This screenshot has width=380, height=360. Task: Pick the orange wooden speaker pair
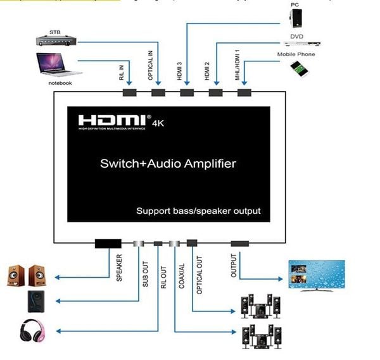(x=27, y=275)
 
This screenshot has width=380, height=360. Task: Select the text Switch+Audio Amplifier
(x=168, y=164)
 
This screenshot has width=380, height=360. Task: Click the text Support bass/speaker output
(x=198, y=211)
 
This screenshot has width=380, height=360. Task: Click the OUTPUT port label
(x=233, y=266)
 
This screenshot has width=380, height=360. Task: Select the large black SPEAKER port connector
(x=108, y=243)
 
